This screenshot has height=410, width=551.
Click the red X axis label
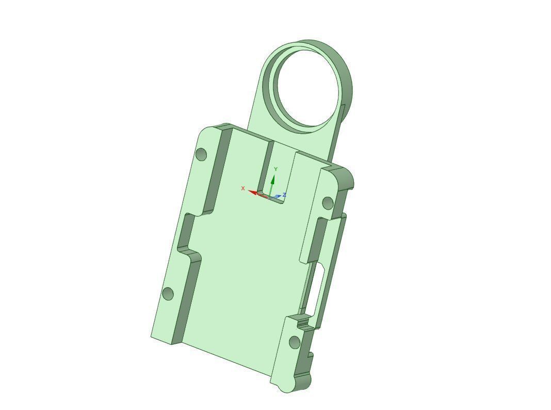click(x=243, y=188)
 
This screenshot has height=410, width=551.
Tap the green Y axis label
click(x=276, y=169)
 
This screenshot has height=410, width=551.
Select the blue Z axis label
click(x=284, y=195)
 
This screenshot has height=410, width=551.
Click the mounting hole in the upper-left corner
click(x=202, y=154)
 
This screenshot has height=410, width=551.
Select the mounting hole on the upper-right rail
click(x=328, y=203)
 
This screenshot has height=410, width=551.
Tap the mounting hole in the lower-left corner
click(x=168, y=294)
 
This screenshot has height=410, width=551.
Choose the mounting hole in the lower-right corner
click(x=295, y=342)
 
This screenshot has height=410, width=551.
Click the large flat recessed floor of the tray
click(x=242, y=279)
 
